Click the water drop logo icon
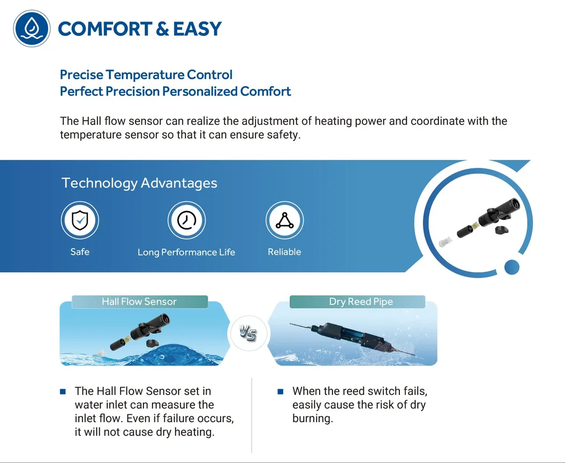click(x=32, y=28)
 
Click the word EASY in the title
click(x=197, y=29)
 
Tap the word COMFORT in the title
click(x=105, y=29)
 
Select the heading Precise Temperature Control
click(x=146, y=75)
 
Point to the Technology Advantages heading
click(x=139, y=183)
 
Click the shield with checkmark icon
click(x=80, y=220)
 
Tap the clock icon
click(x=186, y=220)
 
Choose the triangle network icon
click(x=285, y=220)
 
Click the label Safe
click(x=80, y=251)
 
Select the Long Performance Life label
click(x=186, y=252)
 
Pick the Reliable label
click(x=284, y=251)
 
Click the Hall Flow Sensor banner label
click(x=139, y=302)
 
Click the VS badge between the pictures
click(x=248, y=333)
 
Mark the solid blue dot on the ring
click(x=512, y=267)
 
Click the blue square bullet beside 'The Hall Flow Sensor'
click(x=63, y=391)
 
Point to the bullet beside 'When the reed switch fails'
click(x=281, y=391)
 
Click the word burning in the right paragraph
click(x=313, y=419)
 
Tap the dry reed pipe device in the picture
click(x=352, y=338)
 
